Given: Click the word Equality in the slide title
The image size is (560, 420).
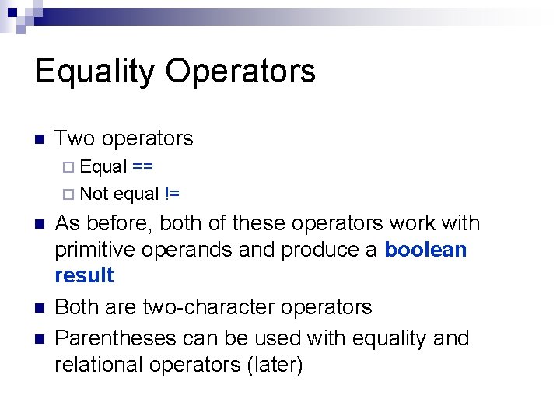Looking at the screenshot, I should point(95,72).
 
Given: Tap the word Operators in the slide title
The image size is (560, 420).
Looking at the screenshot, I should point(240,72).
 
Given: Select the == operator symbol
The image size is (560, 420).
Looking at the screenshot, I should point(142,166).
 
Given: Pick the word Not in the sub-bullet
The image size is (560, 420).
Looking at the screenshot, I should point(94,194).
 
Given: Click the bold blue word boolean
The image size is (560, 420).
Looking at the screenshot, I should point(425,250).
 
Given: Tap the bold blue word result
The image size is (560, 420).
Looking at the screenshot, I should point(84,275).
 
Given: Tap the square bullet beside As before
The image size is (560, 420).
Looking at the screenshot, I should point(40,225).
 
